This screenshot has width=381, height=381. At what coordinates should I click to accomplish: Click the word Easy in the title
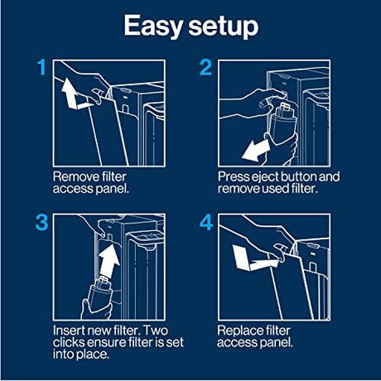pos(153,27)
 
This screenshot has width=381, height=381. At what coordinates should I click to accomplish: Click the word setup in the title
pos(224,27)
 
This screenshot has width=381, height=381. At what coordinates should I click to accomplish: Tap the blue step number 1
pos(42,68)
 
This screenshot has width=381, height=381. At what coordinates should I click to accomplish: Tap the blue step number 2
pos(205,68)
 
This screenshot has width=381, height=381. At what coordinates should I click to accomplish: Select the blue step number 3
pos(41,223)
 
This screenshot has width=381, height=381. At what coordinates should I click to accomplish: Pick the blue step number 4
pos(206,223)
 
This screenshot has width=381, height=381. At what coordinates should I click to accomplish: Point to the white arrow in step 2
pos(256,150)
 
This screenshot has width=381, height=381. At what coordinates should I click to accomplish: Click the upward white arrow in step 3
pos(109,259)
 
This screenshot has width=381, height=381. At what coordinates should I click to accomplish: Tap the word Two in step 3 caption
pos(156,330)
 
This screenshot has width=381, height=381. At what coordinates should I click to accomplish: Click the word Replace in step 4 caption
pos(238,331)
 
